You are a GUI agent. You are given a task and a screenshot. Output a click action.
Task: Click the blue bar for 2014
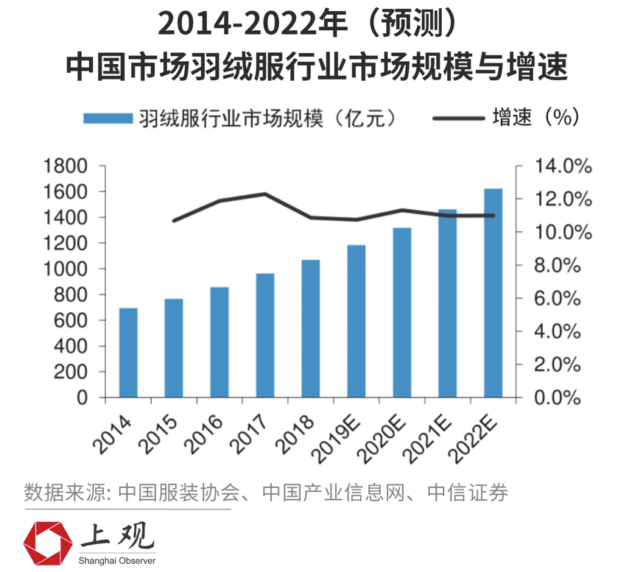tap(128, 353)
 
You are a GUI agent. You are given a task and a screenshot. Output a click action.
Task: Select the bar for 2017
tap(265, 335)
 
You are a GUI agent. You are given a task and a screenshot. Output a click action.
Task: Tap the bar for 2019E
tap(356, 321)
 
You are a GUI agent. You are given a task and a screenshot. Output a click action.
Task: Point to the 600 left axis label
tap(71, 321)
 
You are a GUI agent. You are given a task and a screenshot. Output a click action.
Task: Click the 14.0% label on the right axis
tap(563, 166)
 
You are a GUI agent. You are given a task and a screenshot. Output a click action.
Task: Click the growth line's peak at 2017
tap(265, 194)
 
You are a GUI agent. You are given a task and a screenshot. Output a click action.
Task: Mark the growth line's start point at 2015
tap(174, 220)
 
